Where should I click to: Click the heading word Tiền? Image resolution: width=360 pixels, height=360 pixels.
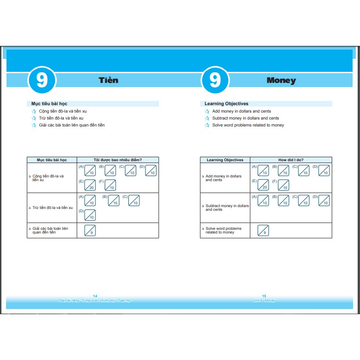(108, 80)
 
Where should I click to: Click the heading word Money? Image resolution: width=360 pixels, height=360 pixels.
(281, 80)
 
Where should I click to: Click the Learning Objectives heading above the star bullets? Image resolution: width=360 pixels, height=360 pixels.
(227, 104)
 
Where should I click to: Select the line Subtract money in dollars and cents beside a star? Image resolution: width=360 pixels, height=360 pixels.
(246, 118)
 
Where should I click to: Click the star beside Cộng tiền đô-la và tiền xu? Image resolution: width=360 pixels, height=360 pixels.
(33, 112)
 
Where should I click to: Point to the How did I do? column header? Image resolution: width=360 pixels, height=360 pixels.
(291, 160)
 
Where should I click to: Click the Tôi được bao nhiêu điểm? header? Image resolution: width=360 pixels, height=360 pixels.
(118, 160)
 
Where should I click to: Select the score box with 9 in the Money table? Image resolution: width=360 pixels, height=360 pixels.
(263, 230)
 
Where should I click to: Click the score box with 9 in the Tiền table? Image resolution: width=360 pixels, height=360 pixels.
(90, 230)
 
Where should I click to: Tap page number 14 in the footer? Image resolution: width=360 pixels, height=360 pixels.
(95, 296)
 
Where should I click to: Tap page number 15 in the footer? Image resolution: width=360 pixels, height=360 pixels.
(264, 296)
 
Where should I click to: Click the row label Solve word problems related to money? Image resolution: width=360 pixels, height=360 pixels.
(223, 230)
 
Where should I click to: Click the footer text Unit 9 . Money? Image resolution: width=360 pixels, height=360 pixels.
(264, 301)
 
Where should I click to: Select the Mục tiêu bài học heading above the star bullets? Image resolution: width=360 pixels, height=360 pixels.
(49, 104)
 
